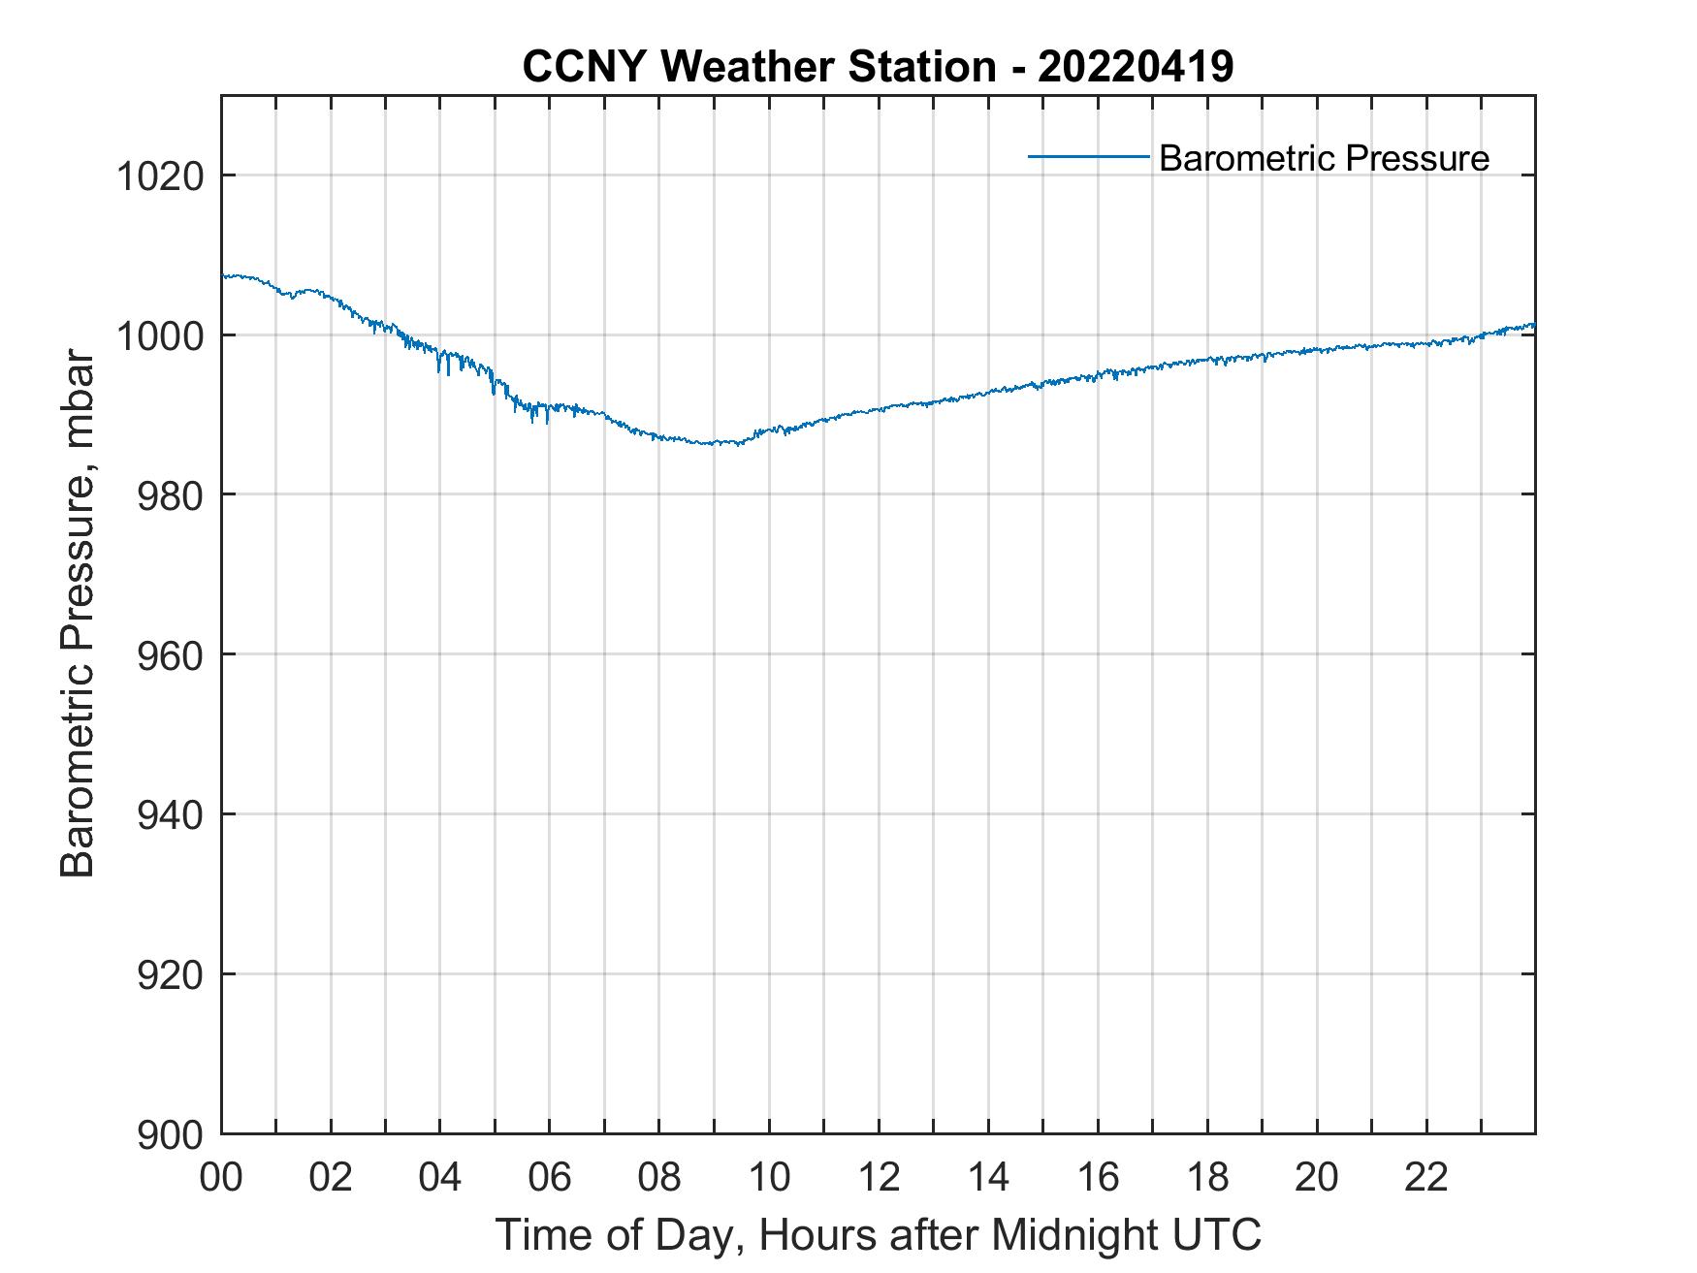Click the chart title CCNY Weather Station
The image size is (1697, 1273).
tap(758, 67)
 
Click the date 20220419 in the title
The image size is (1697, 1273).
tap(1136, 67)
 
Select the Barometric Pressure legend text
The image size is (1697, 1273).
tap(1324, 158)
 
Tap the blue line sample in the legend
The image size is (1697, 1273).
tap(1088, 156)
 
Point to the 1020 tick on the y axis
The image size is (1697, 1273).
tap(160, 176)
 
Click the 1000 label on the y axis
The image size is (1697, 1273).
tap(160, 336)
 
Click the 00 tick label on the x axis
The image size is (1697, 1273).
tap(221, 1177)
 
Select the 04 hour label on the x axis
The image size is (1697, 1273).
tap(440, 1177)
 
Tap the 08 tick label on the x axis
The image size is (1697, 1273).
tap(659, 1177)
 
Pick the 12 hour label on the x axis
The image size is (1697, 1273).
tap(879, 1177)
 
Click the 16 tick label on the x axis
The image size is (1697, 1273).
tap(1098, 1177)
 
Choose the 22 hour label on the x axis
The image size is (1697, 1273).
tap(1426, 1177)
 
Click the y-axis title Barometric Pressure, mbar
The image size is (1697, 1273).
tap(78, 613)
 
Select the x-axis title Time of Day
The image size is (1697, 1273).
tap(879, 1235)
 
